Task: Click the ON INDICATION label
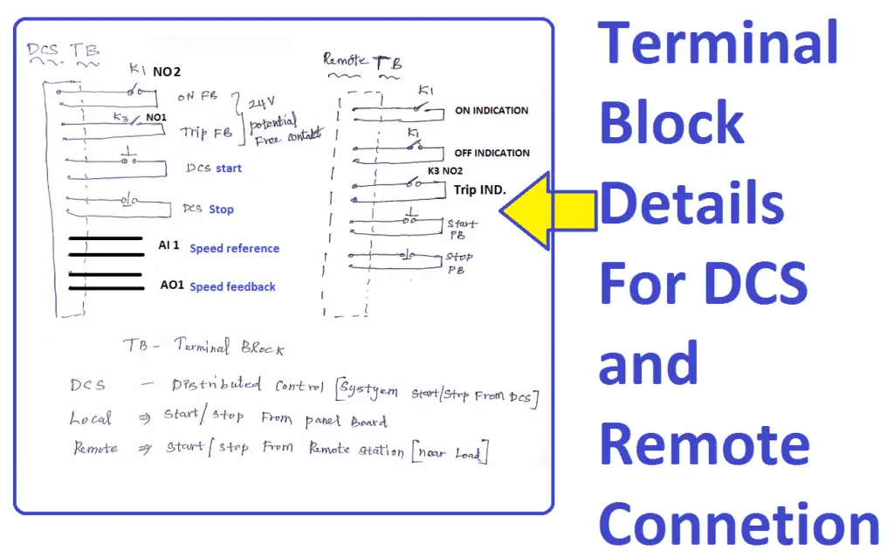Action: (492, 111)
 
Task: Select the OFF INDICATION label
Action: (492, 153)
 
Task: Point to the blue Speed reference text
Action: (234, 249)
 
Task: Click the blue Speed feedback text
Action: (232, 286)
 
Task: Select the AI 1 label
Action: (169, 246)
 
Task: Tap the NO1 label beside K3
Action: (155, 117)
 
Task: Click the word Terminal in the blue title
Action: (718, 44)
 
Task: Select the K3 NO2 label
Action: (444, 171)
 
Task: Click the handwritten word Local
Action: (90, 419)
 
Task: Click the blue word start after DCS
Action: (229, 168)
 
